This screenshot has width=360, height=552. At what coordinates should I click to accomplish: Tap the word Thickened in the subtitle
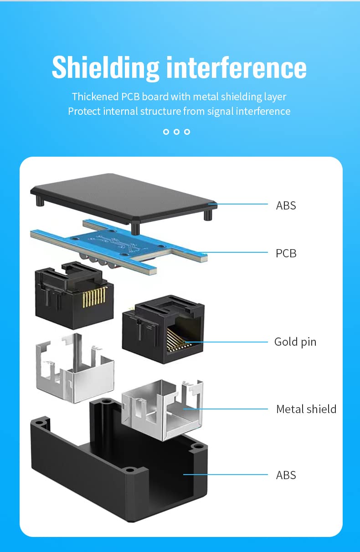click(95, 97)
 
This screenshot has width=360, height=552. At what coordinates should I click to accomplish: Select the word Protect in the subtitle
click(84, 111)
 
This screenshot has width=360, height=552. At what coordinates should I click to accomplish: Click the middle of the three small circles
click(176, 132)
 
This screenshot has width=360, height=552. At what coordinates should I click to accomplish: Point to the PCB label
click(286, 253)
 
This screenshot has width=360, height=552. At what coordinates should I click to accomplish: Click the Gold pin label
click(295, 342)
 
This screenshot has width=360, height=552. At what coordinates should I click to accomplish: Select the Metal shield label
click(306, 409)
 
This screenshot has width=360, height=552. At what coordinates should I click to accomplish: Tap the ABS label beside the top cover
click(286, 205)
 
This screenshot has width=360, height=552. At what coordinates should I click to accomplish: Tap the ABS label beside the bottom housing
click(286, 475)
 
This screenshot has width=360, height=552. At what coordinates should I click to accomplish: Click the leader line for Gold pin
click(228, 342)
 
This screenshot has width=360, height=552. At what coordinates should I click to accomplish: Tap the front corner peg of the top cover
click(135, 227)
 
